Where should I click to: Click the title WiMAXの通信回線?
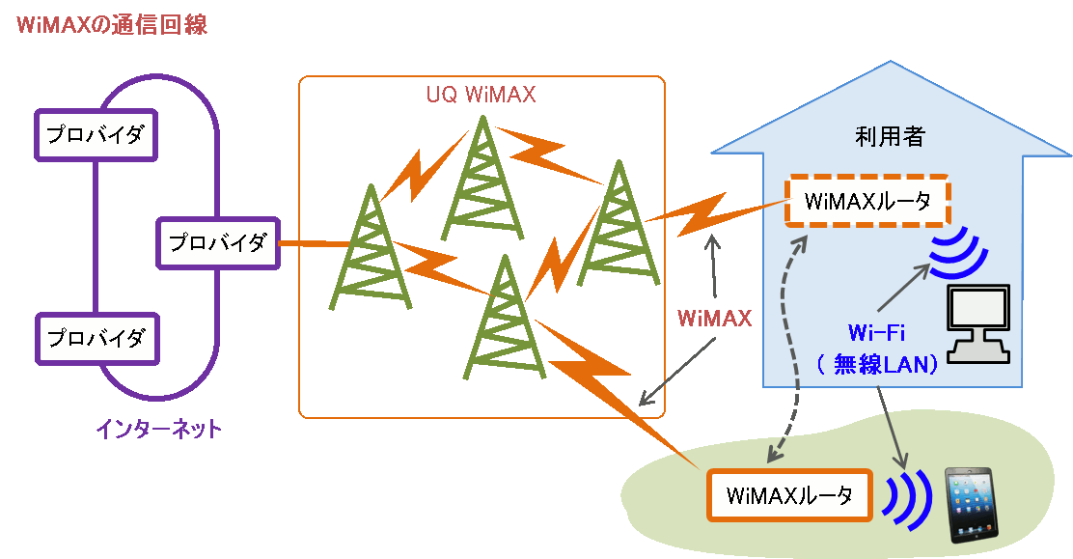coord(112,25)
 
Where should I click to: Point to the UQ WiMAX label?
coord(481,96)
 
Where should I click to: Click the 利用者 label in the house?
coord(890,137)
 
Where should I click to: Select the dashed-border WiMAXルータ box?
coord(867,201)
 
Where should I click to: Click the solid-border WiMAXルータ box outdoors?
coord(789,496)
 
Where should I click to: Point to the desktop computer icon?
coord(978,322)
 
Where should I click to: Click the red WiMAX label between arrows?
coord(714,319)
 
